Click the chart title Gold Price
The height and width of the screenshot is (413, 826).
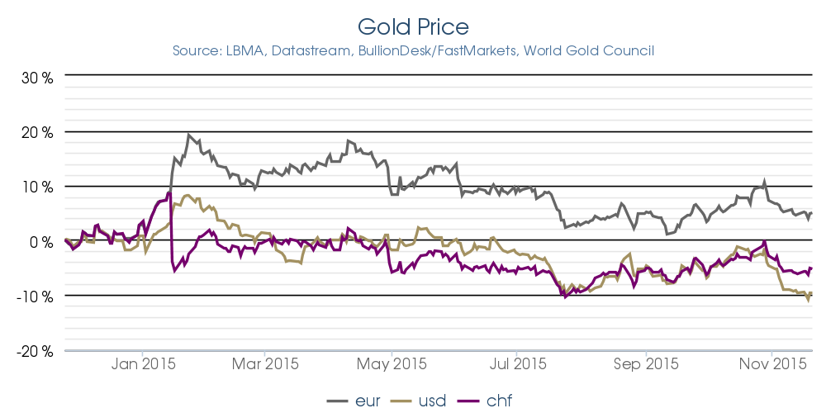point(413,26)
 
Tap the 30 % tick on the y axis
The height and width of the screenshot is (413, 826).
point(37,78)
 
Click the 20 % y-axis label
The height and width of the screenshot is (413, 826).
point(37,132)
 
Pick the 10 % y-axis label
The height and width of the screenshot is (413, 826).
point(37,187)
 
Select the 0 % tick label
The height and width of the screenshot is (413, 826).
point(41,241)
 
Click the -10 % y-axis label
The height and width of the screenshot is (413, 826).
point(36,296)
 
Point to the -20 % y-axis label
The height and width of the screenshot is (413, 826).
point(36,350)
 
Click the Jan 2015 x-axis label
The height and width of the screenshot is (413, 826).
point(142,363)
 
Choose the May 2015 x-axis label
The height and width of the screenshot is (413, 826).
point(392,363)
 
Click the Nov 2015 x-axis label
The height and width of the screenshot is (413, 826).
point(770,363)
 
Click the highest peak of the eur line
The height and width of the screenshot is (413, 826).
point(188,134)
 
